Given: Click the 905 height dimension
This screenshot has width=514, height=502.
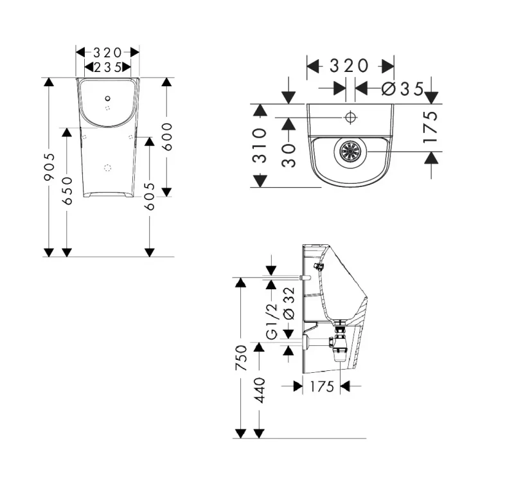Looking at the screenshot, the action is pyautogui.click(x=49, y=167).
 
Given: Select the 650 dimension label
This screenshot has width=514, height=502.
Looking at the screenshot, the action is pyautogui.click(x=67, y=191).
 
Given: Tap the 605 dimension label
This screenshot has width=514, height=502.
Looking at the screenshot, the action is pyautogui.click(x=150, y=197).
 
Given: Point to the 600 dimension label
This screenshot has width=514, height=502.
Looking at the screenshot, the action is pyautogui.click(x=167, y=137).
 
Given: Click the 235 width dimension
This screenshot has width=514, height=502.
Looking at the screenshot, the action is pyautogui.click(x=108, y=67).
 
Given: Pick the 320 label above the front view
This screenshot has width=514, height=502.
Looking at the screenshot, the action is pyautogui.click(x=107, y=53).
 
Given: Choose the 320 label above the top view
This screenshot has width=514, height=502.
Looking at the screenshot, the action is pyautogui.click(x=349, y=66).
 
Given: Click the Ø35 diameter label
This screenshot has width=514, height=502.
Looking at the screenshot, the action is pyautogui.click(x=403, y=89).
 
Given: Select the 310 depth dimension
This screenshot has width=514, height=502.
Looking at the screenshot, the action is pyautogui.click(x=260, y=145).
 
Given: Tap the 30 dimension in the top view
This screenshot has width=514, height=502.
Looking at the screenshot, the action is pyautogui.click(x=288, y=156).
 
